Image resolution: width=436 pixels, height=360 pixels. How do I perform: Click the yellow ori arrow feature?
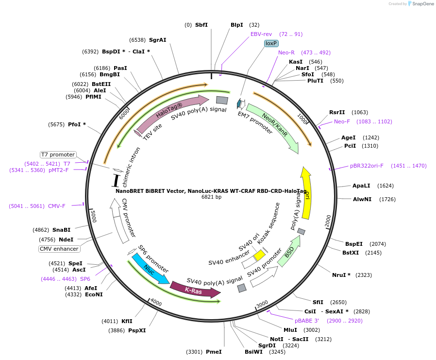(x=306, y=193)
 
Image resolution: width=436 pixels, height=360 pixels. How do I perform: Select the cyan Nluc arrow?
(x=150, y=269)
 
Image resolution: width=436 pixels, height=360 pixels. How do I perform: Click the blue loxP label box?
(x=271, y=43)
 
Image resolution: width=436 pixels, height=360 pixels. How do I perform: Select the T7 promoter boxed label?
(x=58, y=154)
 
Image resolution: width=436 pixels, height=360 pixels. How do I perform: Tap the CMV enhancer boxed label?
(x=59, y=249)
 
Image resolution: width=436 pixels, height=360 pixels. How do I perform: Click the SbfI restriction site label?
(x=201, y=25)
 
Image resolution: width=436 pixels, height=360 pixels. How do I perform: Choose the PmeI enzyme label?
(x=214, y=352)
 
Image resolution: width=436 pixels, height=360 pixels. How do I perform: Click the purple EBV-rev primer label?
(x=261, y=34)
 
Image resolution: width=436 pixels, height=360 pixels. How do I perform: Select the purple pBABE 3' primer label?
(x=307, y=321)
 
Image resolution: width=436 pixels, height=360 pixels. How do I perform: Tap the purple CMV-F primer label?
(x=57, y=206)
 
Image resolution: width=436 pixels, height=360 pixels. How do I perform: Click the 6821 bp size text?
(x=211, y=197)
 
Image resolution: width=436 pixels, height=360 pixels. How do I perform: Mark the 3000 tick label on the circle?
(x=262, y=304)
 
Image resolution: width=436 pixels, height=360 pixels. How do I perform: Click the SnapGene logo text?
(x=423, y=3)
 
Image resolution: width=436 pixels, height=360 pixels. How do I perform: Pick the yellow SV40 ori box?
(x=259, y=256)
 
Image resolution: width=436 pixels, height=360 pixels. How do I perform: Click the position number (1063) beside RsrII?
(x=360, y=112)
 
